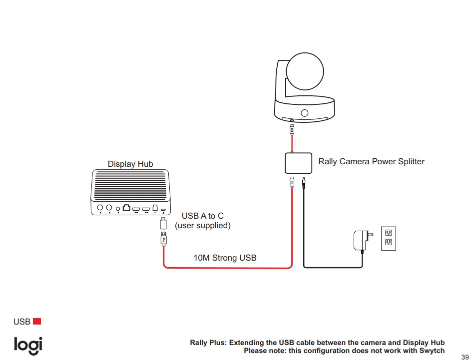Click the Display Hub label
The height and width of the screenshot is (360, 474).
pos(130,164)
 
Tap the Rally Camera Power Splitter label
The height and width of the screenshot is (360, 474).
pos(371,162)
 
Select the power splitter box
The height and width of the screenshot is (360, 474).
pos(298,163)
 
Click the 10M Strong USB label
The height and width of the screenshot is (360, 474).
pos(225,258)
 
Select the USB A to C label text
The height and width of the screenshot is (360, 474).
pos(202,221)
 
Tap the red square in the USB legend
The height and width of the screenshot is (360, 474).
pos(36,321)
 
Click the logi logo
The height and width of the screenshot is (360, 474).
pos(28,346)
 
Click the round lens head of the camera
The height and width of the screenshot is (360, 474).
pos(307,73)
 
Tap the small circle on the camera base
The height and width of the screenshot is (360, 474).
pos(304,113)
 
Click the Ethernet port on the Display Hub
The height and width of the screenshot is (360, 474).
pos(126,208)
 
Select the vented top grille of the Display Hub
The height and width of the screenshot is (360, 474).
pos(130,185)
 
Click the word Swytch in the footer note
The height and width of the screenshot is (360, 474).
pos(432,351)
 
